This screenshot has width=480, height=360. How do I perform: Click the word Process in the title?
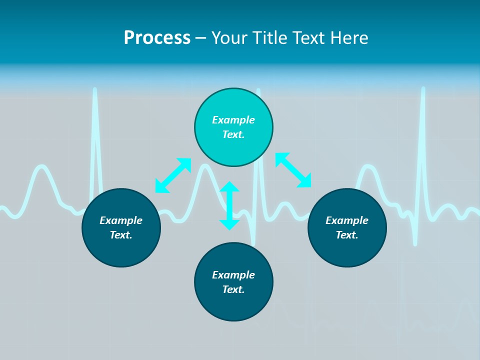pos(157,38)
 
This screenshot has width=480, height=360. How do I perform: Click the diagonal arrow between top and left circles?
pos(173,175)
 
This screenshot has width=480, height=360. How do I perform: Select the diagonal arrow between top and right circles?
pos(293,170)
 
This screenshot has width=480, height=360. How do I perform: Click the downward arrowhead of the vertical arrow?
pos(229,224)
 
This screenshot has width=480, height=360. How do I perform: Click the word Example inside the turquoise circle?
pos(233,120)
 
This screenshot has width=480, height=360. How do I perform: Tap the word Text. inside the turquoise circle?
pos(233,134)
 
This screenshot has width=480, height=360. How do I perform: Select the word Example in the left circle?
pos(121,220)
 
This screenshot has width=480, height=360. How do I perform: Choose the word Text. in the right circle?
pos(347,235)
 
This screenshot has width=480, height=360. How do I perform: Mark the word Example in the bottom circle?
pos(233,275)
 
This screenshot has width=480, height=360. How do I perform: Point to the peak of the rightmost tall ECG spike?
pos(423,89)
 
